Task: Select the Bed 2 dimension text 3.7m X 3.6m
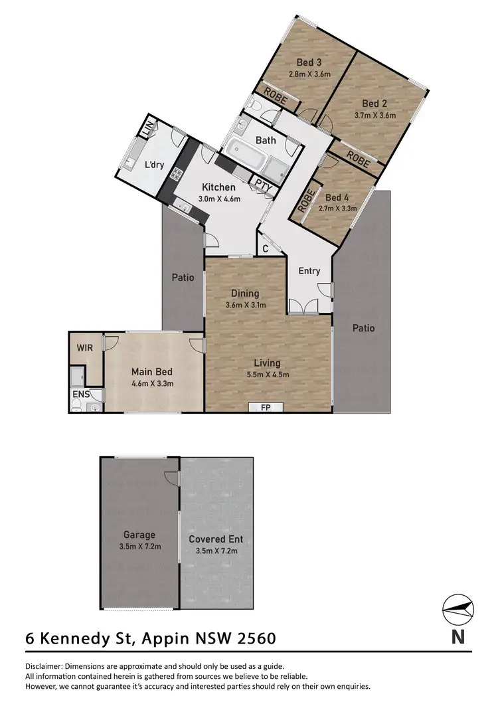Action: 375,115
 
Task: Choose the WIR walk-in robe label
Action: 85,347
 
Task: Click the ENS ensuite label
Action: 81,394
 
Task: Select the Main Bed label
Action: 152,371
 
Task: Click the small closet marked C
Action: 265,250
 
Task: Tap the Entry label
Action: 309,270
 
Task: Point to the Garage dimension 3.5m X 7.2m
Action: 139,547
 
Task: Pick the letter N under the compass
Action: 457,636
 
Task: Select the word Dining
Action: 245,293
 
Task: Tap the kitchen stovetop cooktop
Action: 177,175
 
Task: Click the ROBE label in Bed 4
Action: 307,200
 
